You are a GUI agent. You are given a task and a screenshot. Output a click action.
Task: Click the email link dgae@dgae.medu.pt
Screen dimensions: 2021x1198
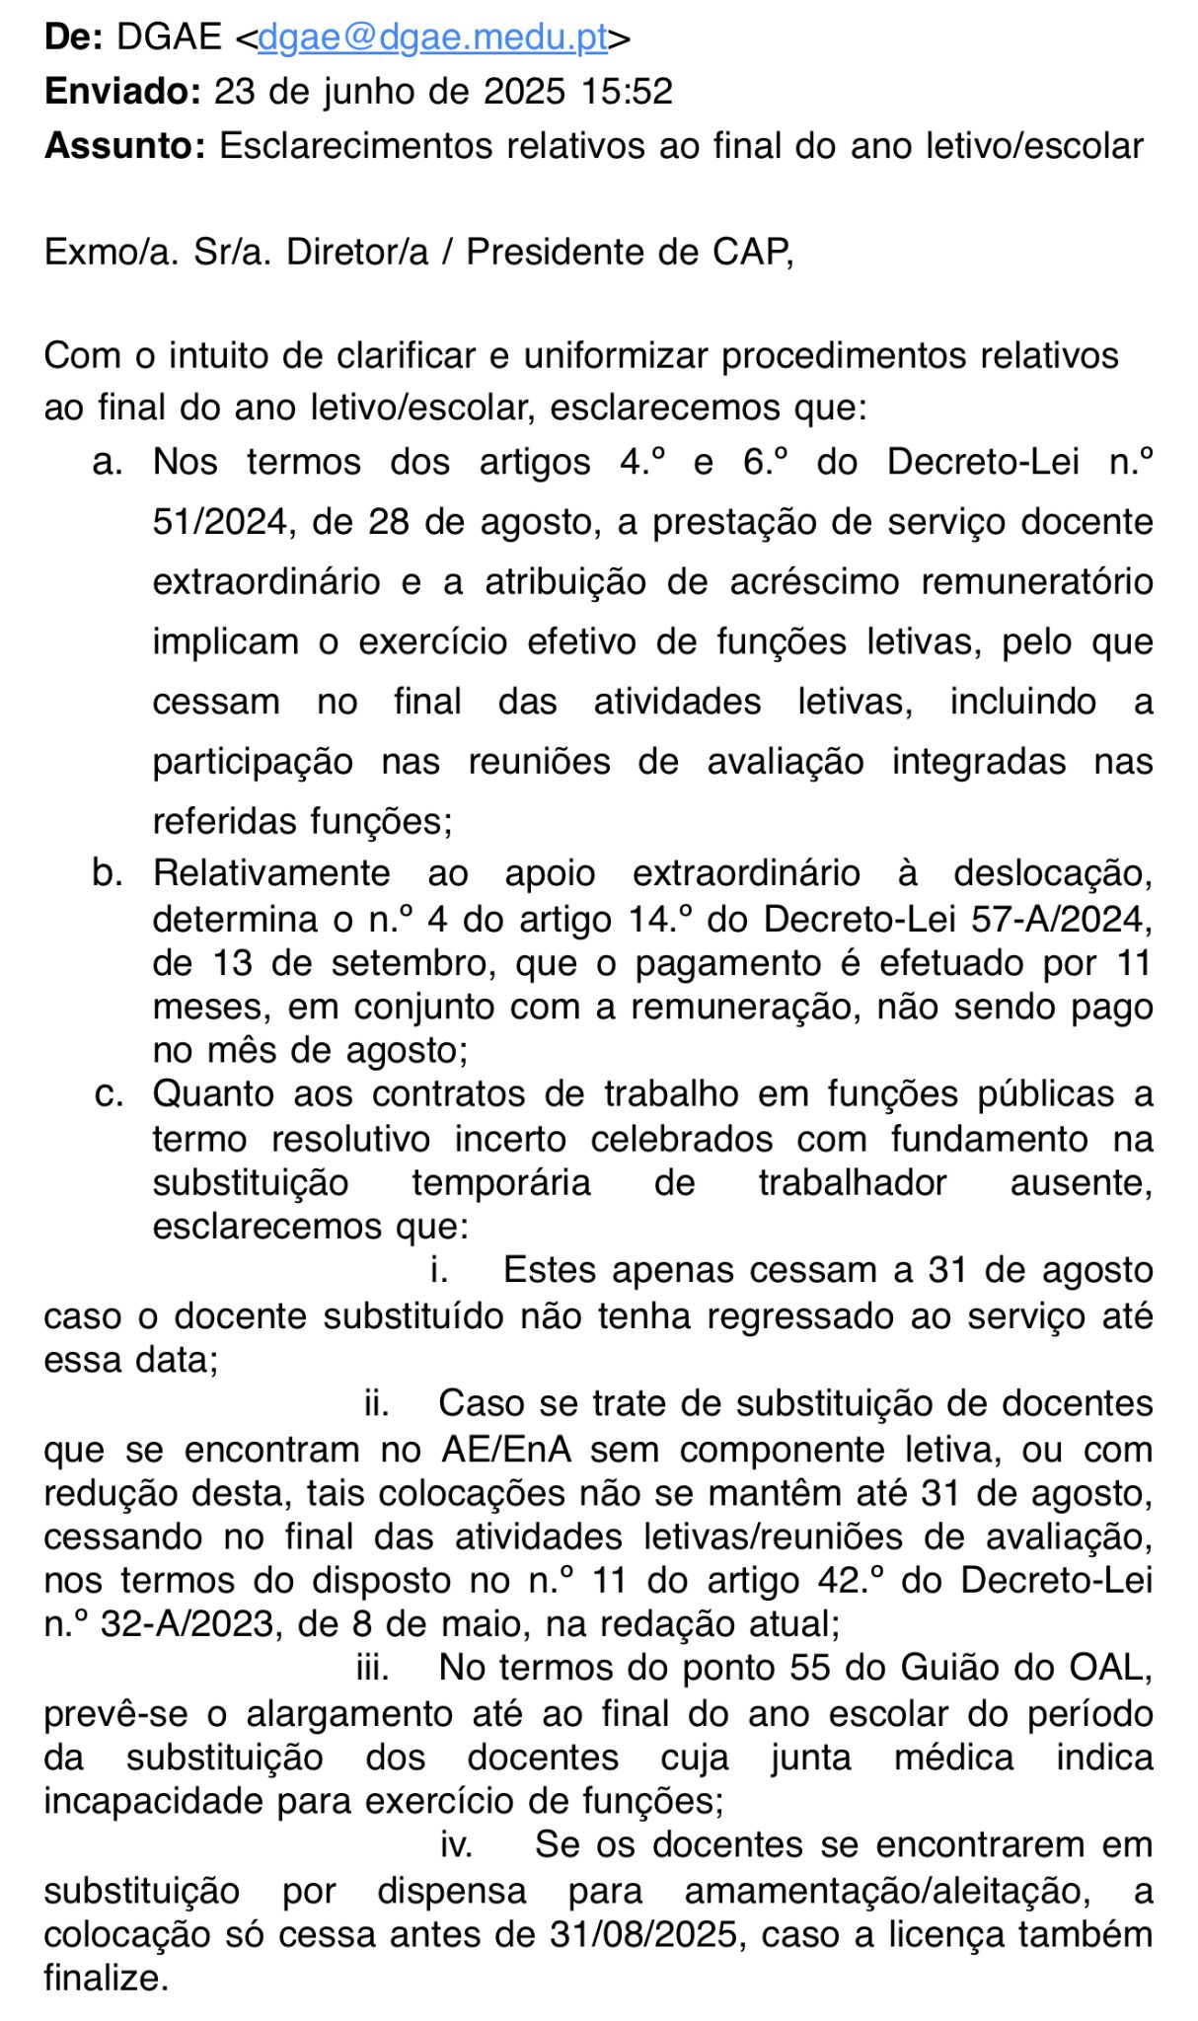point(432,37)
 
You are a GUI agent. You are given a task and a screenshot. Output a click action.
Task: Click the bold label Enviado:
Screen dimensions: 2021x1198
point(122,92)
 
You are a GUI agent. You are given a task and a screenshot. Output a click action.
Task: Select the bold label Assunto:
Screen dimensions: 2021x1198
point(125,146)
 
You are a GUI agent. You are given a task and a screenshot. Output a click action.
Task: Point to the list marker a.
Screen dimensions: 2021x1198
point(108,462)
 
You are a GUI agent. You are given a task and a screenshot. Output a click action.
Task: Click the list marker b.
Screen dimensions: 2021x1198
point(108,873)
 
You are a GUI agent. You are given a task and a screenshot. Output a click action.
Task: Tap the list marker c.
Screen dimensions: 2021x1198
point(109,1094)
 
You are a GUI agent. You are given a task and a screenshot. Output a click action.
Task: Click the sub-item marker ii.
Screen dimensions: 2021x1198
point(376,1403)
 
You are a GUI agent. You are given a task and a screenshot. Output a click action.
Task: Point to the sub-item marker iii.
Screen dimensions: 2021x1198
point(372,1668)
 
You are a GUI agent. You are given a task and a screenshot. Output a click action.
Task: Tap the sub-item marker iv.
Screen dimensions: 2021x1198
point(455,1844)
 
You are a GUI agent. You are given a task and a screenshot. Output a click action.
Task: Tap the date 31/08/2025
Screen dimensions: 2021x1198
point(644,1934)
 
